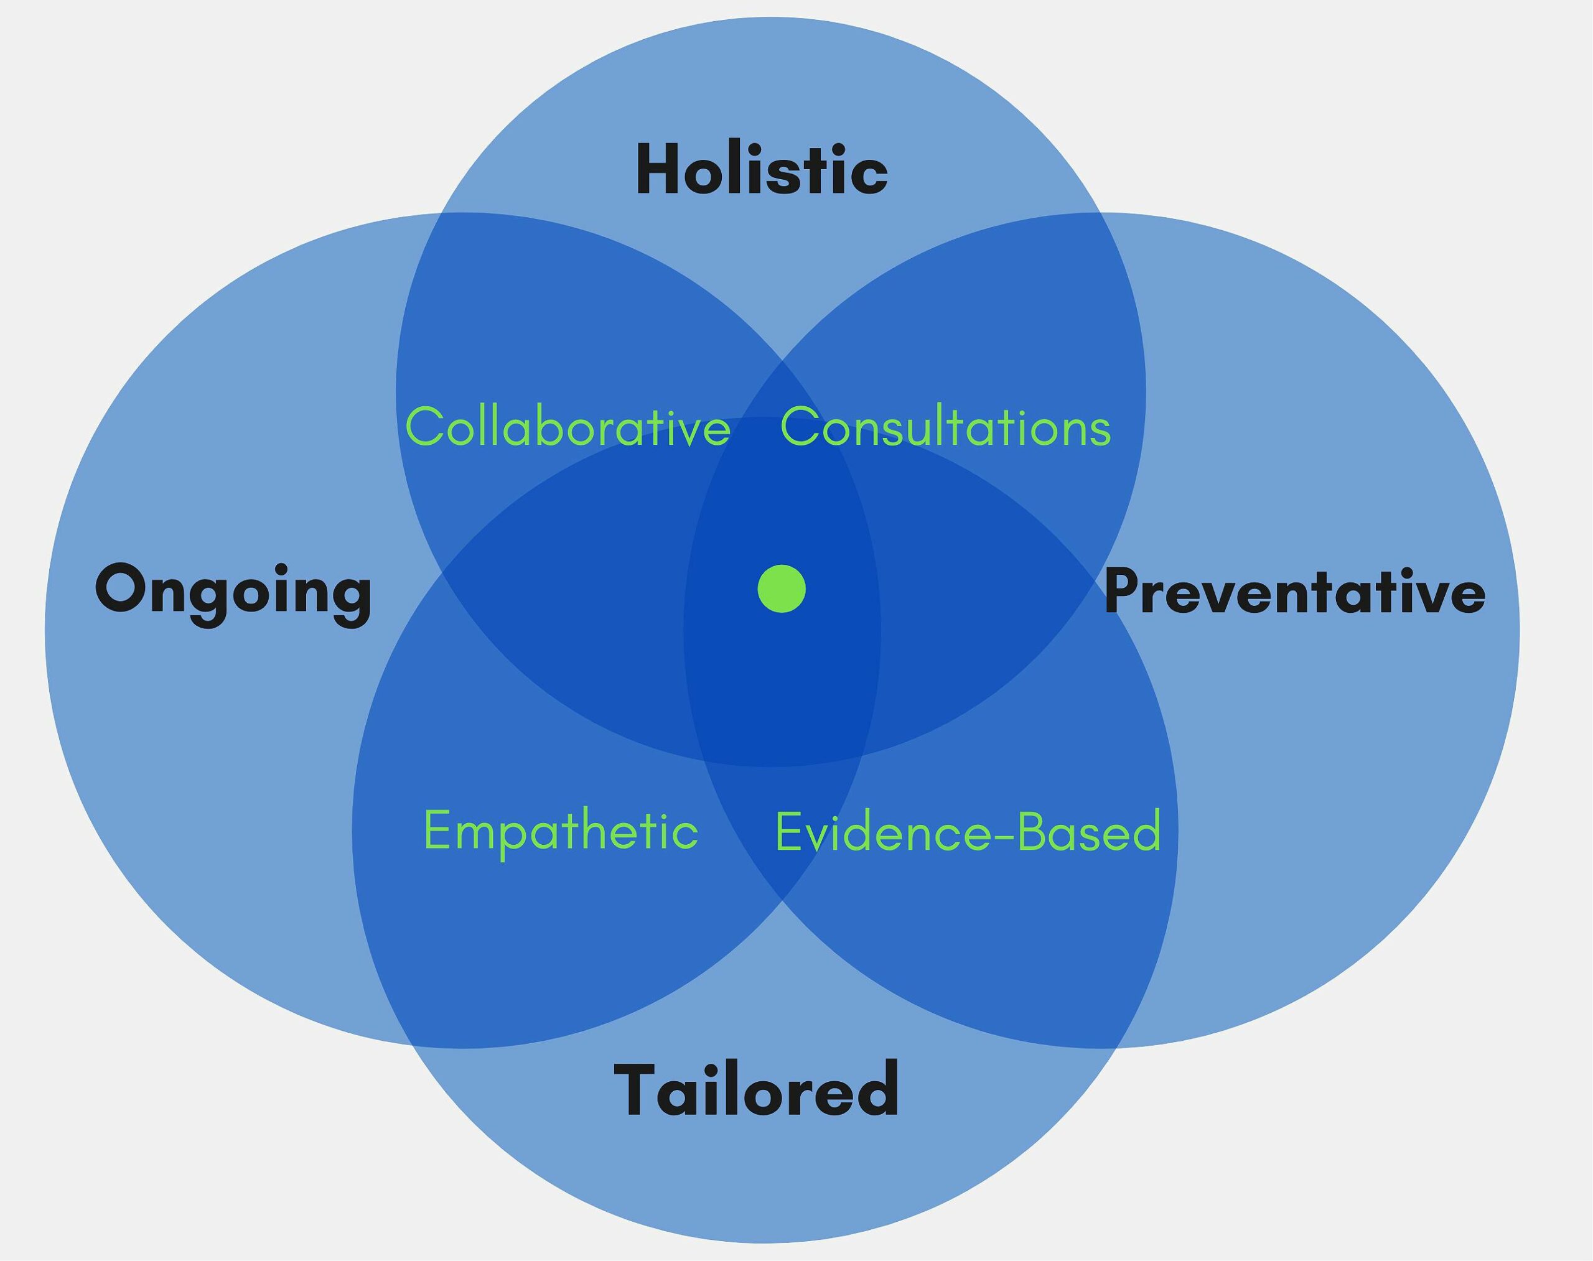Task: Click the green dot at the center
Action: coord(782,589)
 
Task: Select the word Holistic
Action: coord(762,170)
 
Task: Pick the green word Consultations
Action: coord(945,426)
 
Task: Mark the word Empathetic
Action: coord(561,831)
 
